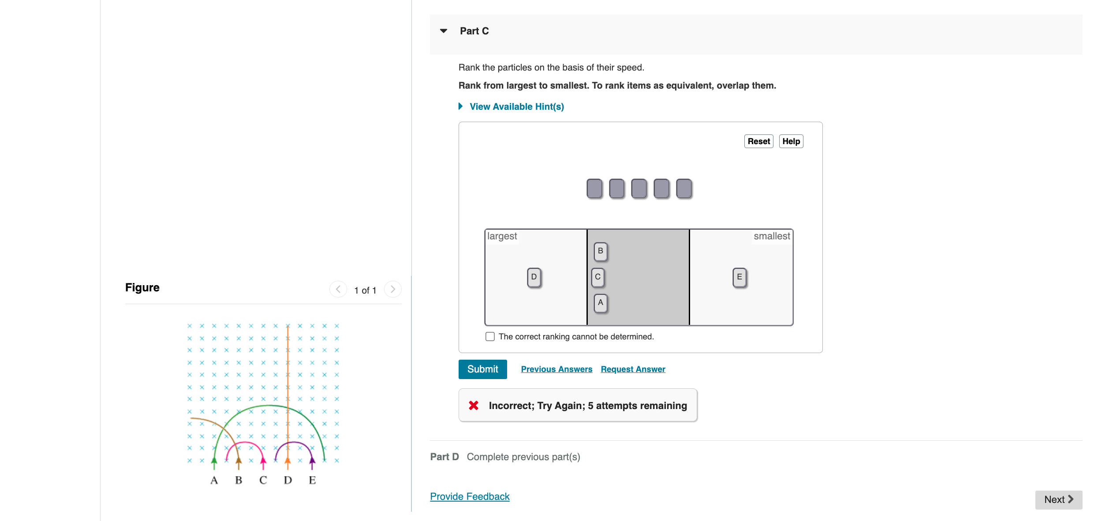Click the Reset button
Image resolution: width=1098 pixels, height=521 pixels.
pyautogui.click(x=758, y=141)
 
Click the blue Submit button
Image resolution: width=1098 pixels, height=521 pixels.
pyautogui.click(x=482, y=369)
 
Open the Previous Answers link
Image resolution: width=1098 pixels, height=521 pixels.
pyautogui.click(x=556, y=369)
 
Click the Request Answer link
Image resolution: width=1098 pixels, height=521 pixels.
pyautogui.click(x=633, y=369)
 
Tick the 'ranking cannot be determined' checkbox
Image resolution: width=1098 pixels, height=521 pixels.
pyautogui.click(x=490, y=337)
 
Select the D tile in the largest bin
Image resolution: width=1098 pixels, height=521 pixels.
pyautogui.click(x=534, y=277)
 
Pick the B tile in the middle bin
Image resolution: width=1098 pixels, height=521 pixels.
pyautogui.click(x=601, y=251)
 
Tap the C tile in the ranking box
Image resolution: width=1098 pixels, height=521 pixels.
pyautogui.click(x=598, y=277)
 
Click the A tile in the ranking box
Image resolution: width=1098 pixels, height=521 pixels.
pyautogui.click(x=601, y=303)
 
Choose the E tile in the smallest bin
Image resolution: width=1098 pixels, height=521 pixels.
pyautogui.click(x=739, y=277)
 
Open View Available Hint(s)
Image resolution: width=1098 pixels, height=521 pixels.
pyautogui.click(x=516, y=107)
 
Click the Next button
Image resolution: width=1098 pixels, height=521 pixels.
pyautogui.click(x=1058, y=500)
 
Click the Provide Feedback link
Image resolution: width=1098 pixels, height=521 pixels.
pyautogui.click(x=470, y=497)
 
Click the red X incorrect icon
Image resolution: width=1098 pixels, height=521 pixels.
pyautogui.click(x=474, y=406)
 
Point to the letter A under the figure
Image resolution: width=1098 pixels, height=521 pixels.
pyautogui.click(x=214, y=480)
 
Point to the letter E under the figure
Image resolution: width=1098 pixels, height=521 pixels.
pyautogui.click(x=312, y=480)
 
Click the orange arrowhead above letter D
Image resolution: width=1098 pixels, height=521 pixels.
pyautogui.click(x=288, y=461)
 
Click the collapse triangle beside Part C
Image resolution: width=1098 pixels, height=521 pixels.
pyautogui.click(x=444, y=31)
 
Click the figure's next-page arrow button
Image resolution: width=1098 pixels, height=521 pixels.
pyautogui.click(x=392, y=290)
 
